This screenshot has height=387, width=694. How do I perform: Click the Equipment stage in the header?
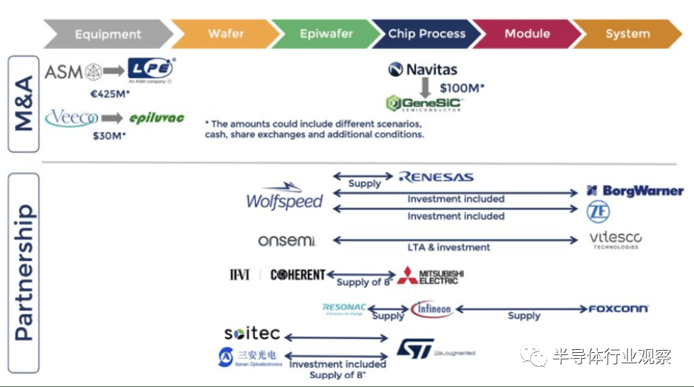coord(108,34)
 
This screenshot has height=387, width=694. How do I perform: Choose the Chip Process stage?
coord(426,34)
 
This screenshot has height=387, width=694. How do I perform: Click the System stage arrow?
coord(627,34)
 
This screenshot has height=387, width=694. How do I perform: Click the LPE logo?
coord(151,70)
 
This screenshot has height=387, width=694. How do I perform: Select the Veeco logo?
coord(71,118)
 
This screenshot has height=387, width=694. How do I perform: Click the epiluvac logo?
coord(156,119)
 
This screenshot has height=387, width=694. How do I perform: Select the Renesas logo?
coord(436,177)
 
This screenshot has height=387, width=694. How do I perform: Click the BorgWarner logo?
coord(635,191)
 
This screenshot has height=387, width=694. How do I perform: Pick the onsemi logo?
coord(287,240)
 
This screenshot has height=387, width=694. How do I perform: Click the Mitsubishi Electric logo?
coord(430,275)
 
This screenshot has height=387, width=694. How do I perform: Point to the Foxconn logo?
coord(618,308)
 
